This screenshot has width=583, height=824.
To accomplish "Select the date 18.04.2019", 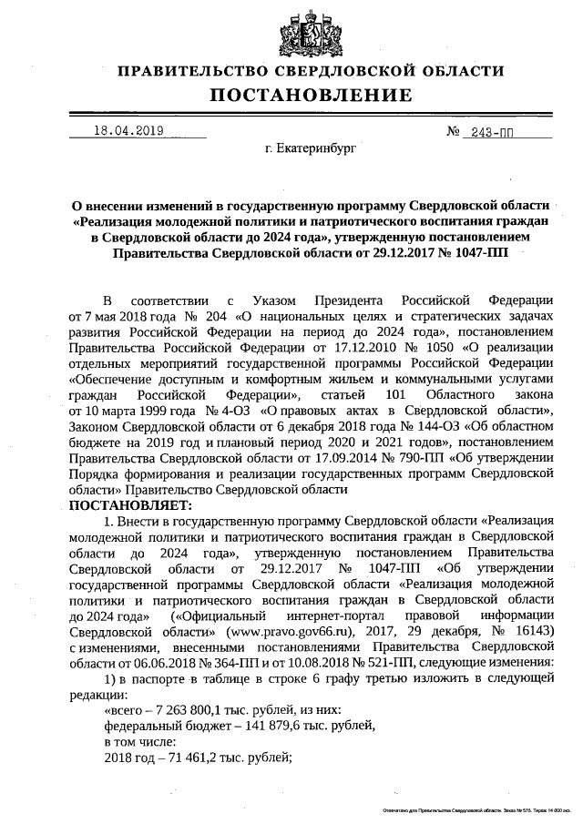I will [x=128, y=131].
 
